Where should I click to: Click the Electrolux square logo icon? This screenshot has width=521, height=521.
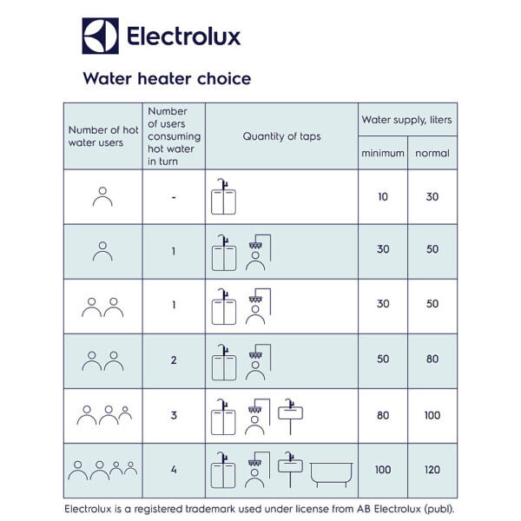point(100,36)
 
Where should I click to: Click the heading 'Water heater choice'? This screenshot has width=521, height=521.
point(167,79)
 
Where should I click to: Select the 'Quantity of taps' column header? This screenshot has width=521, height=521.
point(281,136)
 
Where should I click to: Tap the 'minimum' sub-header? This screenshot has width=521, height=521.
point(383,153)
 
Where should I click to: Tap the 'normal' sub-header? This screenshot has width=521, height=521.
point(432,153)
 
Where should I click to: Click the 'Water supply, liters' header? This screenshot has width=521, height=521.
point(407,120)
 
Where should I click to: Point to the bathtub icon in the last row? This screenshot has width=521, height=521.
point(330,472)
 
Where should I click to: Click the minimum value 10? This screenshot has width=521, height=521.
point(383,197)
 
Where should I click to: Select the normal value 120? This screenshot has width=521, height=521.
point(432,470)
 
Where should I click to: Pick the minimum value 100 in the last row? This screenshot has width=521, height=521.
point(383,470)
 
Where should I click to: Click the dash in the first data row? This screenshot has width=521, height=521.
point(174,197)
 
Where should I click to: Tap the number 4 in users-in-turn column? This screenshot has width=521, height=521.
point(174,470)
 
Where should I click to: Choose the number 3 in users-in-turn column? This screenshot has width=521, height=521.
point(174,415)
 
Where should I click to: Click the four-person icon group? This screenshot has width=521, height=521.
point(102,470)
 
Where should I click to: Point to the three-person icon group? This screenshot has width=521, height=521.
point(102,414)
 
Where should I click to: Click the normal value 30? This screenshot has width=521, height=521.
point(432,197)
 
